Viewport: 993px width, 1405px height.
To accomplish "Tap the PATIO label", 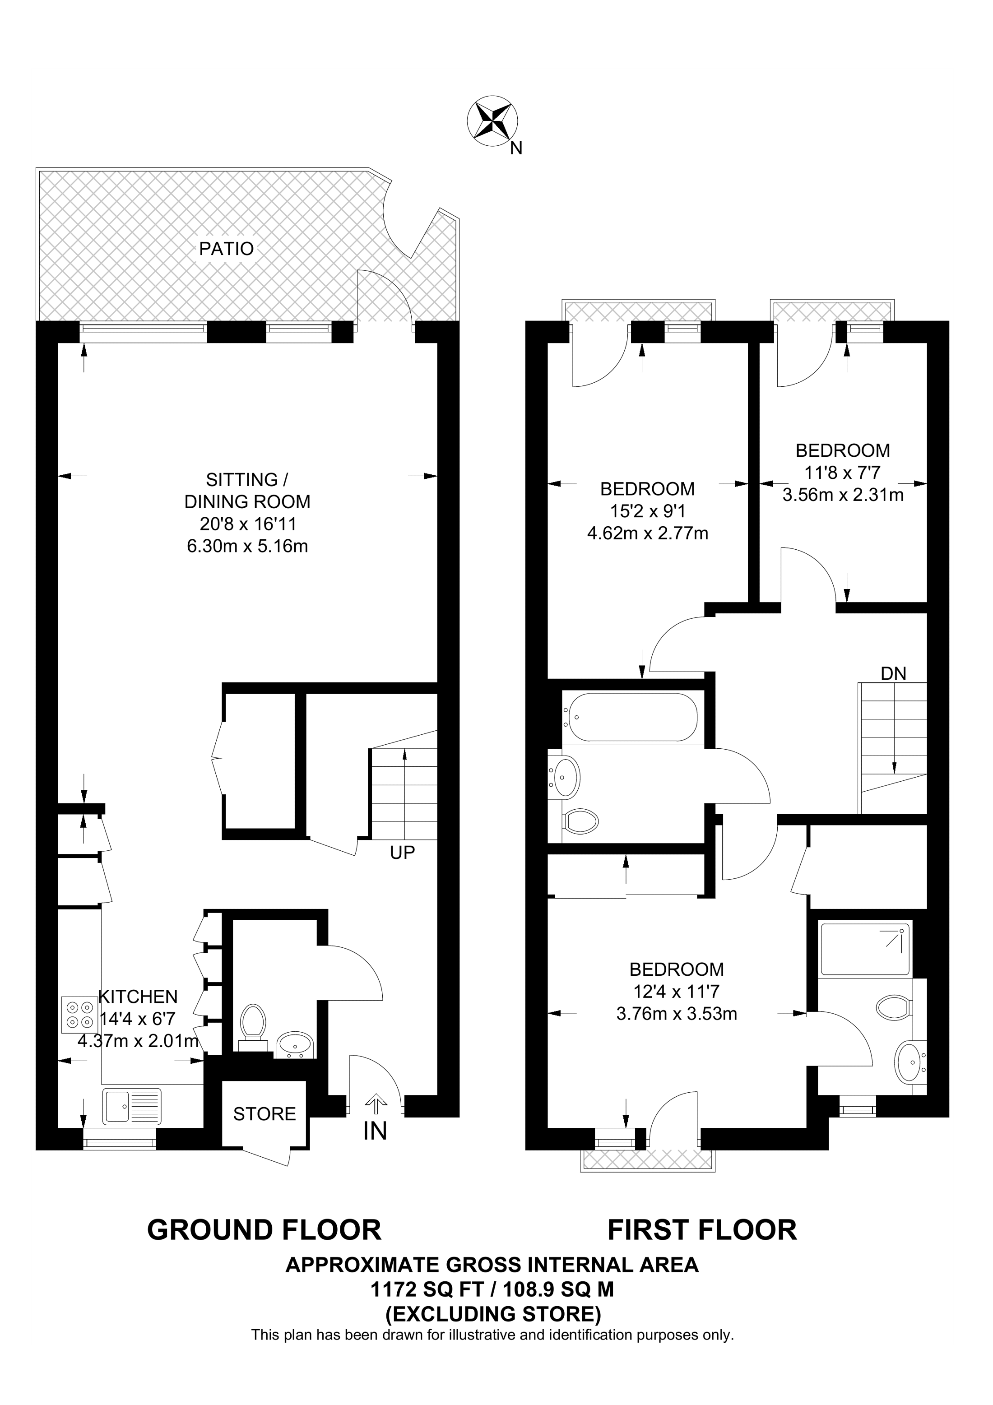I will tap(227, 248).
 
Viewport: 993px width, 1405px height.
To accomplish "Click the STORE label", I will tap(264, 1114).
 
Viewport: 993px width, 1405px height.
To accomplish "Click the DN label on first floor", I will tap(893, 674).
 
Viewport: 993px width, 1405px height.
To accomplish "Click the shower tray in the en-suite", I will tap(864, 949).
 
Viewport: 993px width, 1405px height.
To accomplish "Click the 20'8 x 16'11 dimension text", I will tap(248, 524).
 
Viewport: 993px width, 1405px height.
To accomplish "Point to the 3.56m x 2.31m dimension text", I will tap(843, 495).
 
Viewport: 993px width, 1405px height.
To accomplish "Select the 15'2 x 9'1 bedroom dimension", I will tap(647, 511).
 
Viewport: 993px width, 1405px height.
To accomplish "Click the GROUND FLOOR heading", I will tap(264, 1230).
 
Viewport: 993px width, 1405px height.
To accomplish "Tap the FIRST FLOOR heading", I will tap(702, 1230).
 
